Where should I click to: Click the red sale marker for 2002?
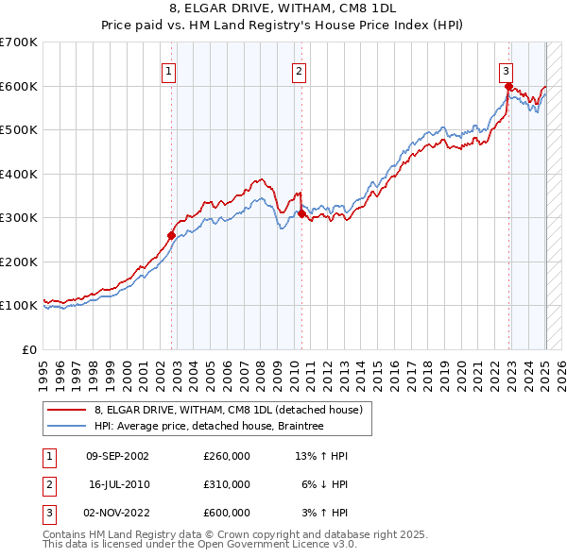tap(172, 236)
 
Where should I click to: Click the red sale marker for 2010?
tap(301, 214)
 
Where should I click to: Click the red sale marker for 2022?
tap(508, 87)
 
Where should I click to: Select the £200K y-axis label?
tap(19, 262)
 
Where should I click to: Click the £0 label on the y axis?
tap(30, 349)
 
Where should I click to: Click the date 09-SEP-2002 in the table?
tap(117, 456)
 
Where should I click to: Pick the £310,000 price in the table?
tap(226, 484)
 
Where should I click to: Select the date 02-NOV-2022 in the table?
tap(117, 513)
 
